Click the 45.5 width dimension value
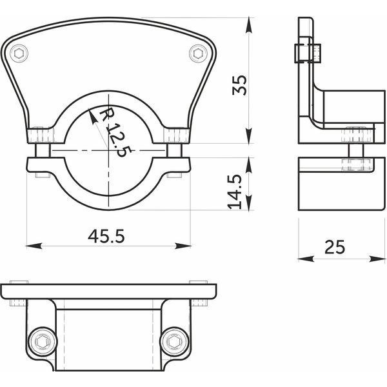point(106,236)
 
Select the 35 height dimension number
point(240,85)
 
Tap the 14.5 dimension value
point(235,192)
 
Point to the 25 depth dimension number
point(334,247)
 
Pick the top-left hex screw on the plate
point(19,54)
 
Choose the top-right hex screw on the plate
point(198,54)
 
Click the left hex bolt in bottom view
point(43,342)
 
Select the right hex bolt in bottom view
point(175,342)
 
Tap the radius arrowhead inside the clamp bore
point(92,116)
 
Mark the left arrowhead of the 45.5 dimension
point(34,246)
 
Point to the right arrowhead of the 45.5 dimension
point(183,246)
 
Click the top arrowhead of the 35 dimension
point(249,25)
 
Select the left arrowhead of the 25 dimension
point(306,259)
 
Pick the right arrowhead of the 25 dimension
point(377,259)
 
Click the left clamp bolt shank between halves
point(43,150)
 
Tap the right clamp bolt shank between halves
point(175,150)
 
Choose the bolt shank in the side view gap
point(356,150)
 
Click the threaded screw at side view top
point(308,53)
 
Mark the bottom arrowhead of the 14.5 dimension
point(249,203)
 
